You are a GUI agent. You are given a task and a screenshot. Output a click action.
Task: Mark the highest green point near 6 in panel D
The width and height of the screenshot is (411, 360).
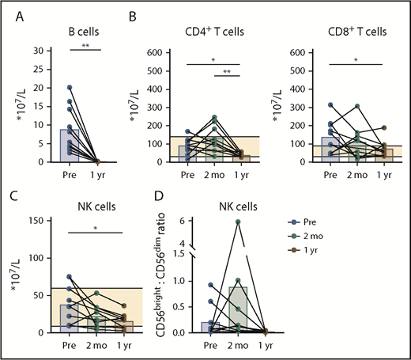[x=237, y=221]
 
